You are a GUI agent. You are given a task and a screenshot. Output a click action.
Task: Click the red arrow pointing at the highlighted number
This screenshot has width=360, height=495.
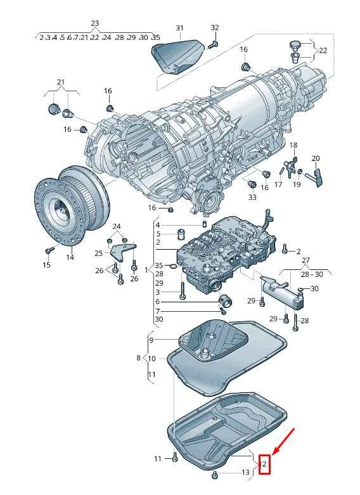click(x=283, y=442)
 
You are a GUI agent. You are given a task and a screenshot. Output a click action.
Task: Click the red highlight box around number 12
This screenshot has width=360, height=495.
click(x=264, y=465)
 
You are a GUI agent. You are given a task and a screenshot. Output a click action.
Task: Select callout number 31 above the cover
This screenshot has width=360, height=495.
click(x=179, y=28)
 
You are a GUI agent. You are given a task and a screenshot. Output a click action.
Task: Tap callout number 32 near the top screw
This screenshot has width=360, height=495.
click(x=215, y=28)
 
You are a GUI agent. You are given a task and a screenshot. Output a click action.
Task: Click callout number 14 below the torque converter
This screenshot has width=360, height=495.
click(x=70, y=257)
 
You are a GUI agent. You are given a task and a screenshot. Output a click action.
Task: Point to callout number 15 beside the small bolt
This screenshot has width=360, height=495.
click(x=46, y=265)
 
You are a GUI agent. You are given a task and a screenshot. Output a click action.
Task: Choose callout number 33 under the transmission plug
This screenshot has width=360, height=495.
click(x=252, y=197)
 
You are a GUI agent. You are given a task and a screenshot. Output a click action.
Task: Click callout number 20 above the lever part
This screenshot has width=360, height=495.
click(x=316, y=158)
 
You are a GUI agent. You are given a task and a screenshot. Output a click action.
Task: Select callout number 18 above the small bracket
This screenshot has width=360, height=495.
click(x=293, y=145)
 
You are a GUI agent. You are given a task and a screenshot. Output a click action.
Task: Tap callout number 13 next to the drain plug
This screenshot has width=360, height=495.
click(x=246, y=472)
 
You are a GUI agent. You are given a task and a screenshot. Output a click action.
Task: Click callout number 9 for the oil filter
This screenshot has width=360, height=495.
click(x=151, y=340)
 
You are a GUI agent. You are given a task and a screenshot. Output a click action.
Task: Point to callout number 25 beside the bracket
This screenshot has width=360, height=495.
click(x=98, y=253)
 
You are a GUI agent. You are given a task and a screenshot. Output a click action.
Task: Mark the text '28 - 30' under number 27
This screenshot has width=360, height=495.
click(x=312, y=274)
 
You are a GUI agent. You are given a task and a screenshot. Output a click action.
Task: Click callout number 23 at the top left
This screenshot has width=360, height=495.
click(x=94, y=23)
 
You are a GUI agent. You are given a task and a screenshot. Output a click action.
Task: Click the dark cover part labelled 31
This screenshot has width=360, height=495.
click(x=177, y=57)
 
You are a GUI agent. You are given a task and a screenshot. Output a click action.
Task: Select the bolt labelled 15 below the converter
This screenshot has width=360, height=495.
click(x=49, y=250)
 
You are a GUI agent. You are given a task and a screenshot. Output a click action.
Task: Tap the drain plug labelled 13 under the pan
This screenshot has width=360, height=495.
click(x=215, y=473)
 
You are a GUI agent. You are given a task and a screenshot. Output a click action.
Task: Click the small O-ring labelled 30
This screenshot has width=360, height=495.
click(x=301, y=289)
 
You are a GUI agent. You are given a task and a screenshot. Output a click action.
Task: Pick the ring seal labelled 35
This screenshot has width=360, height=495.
click(x=174, y=267)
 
